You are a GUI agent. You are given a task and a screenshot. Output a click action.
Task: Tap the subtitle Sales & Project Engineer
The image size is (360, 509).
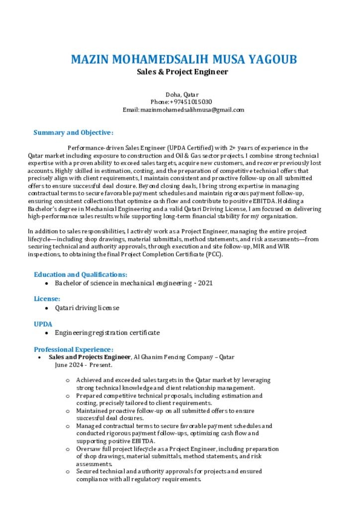pos(182,72)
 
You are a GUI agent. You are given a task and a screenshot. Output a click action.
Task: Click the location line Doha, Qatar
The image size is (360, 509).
pos(182,94)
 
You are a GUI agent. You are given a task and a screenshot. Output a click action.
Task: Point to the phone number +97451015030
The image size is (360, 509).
pos(191,102)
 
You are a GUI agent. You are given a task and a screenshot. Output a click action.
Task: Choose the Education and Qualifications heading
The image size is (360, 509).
pos(81,274)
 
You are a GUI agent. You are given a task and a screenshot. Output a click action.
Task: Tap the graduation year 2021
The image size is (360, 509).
pos(205,283)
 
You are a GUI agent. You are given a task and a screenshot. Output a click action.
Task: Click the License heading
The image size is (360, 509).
pos(47,299)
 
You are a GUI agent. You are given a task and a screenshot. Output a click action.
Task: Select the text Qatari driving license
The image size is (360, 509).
pos(87,308)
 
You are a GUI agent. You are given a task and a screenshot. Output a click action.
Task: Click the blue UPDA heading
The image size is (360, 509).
pos(43,324)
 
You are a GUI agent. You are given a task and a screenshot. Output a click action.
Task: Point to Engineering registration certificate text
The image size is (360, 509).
pos(107,333)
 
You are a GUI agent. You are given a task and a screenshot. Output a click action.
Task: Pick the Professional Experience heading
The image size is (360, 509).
pos(74,349)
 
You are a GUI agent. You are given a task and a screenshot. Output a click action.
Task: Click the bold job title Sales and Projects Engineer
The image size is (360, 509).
pos(89,357)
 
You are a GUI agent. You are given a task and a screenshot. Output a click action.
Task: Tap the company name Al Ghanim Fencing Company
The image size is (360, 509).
pos(174,357)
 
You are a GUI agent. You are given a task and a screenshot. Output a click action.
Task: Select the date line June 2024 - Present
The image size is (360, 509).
pos(84,365)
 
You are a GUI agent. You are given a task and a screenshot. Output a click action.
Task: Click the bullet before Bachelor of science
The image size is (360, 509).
pos(46,283)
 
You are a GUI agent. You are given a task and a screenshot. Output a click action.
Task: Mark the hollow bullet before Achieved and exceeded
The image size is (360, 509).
pos(68,380)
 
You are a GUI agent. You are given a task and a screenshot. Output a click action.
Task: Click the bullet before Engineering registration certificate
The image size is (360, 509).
pos(46,333)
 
